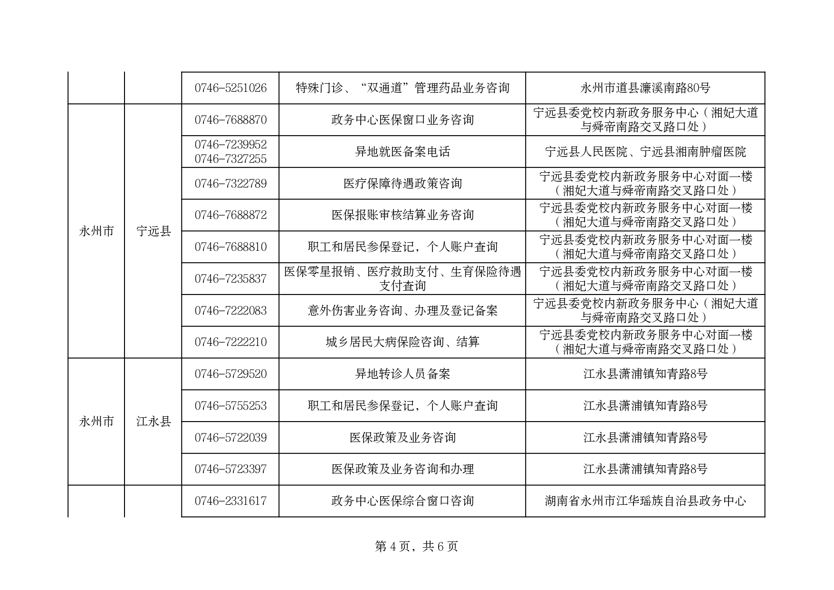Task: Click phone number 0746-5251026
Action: pos(230,88)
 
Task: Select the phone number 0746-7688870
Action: pos(230,120)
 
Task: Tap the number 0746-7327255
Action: pos(230,159)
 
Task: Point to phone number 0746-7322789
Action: pos(230,184)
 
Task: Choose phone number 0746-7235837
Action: pos(230,279)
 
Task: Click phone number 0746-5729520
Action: pos(230,374)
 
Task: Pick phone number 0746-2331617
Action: pos(230,501)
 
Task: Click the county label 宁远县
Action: pos(153,231)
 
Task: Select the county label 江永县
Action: pos(153,422)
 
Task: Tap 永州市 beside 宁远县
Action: pos(96,231)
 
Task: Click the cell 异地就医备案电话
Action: pos(403,152)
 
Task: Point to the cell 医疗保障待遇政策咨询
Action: pos(403,184)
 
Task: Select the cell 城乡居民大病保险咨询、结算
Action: pos(403,342)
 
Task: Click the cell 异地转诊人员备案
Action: pos(403,374)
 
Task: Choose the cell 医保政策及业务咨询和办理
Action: pos(403,469)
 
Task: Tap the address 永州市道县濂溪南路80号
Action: pos(645,88)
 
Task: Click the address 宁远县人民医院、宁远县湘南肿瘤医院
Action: pos(645,152)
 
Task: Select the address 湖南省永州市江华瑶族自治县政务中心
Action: pos(645,501)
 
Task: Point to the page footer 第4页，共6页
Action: pos(417,547)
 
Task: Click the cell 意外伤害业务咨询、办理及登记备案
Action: pos(403,311)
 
